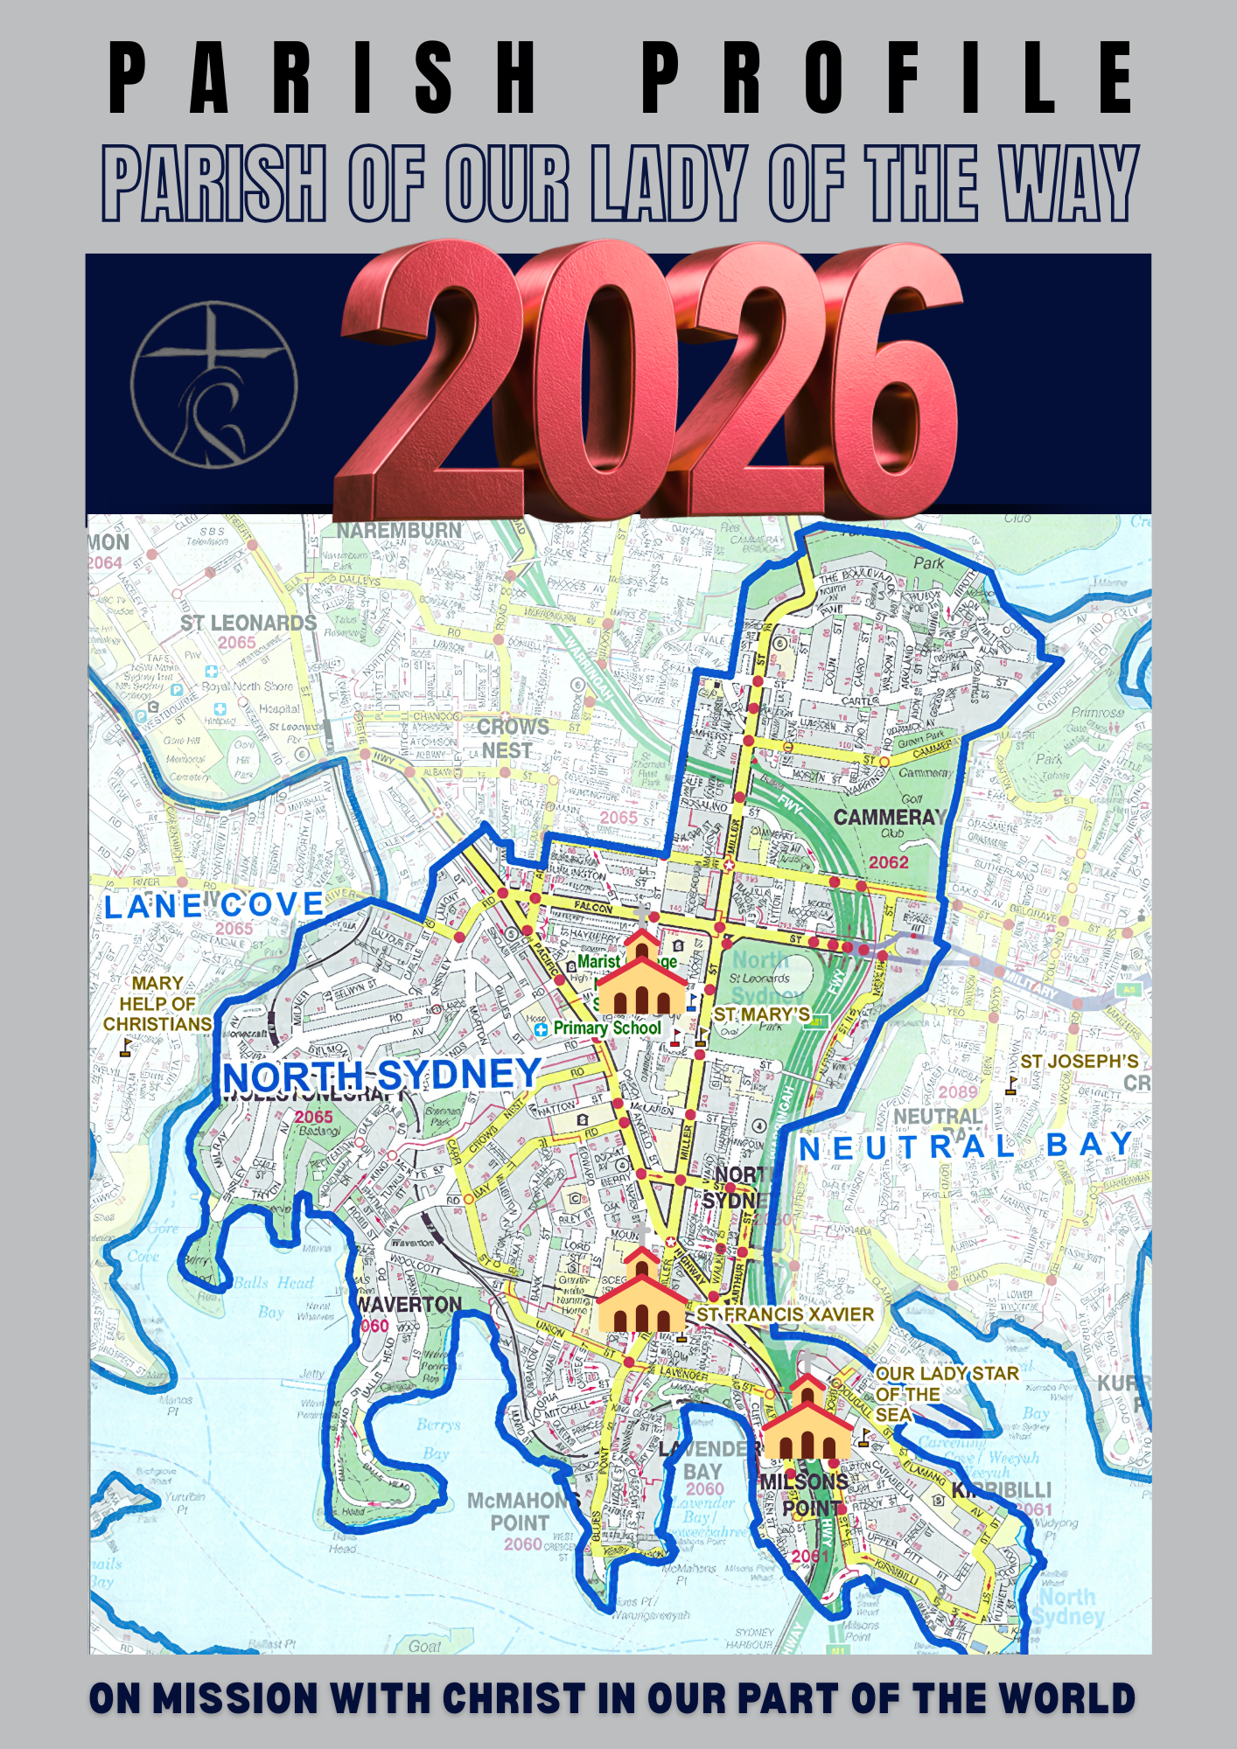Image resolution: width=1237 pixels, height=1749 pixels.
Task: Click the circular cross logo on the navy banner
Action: click(x=214, y=385)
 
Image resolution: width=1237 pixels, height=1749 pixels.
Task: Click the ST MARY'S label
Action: click(x=762, y=1014)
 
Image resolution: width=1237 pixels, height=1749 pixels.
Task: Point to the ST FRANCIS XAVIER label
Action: click(x=785, y=1314)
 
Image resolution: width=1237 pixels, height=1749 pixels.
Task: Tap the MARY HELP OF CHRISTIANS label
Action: click(x=157, y=1003)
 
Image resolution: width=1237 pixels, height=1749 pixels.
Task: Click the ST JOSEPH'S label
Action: click(x=1080, y=1062)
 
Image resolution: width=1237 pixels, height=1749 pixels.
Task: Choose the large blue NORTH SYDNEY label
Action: click(x=381, y=1076)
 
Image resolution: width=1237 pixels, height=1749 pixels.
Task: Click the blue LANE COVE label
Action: click(x=214, y=905)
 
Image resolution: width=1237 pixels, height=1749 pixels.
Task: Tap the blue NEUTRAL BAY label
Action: click(x=966, y=1146)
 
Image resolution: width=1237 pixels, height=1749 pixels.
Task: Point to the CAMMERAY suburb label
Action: click(x=890, y=817)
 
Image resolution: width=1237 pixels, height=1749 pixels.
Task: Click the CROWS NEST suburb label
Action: click(x=512, y=739)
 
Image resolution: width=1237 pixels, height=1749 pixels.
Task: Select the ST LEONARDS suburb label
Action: click(x=248, y=624)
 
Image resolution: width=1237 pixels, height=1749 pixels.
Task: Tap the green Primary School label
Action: click(x=607, y=1028)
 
